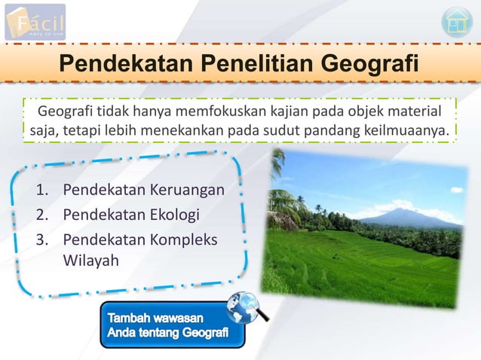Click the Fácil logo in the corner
click(35, 22)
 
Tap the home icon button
click(456, 22)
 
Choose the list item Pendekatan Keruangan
click(143, 188)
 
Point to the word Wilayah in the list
click(90, 260)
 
